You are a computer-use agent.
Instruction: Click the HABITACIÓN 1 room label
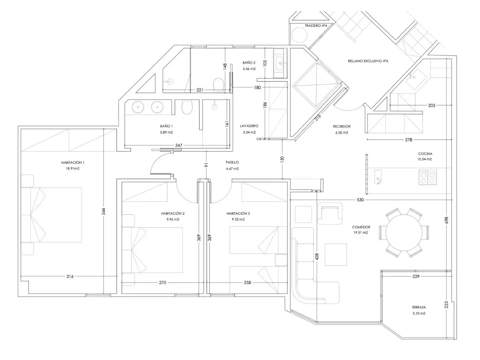(73, 163)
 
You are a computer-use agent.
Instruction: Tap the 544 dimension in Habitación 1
(104, 211)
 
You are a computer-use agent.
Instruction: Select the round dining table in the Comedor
(404, 232)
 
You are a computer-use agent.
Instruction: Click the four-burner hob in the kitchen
(428, 177)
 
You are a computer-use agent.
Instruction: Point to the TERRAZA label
(419, 307)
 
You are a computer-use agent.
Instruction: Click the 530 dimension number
(360, 200)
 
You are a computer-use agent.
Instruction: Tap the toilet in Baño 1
(187, 107)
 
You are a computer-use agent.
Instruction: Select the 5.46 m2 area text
(249, 69)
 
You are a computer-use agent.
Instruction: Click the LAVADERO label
(249, 126)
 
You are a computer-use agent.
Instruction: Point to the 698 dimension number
(447, 220)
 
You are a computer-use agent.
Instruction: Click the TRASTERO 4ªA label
(316, 26)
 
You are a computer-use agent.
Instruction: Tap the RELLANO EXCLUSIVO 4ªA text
(368, 61)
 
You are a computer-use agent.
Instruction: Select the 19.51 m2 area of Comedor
(361, 232)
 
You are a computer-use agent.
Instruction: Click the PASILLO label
(232, 162)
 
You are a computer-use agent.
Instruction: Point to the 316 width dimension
(70, 276)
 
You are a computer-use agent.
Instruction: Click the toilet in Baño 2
(218, 85)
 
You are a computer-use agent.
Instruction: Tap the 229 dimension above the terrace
(416, 276)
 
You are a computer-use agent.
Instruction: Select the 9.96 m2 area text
(173, 219)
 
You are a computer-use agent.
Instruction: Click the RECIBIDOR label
(342, 126)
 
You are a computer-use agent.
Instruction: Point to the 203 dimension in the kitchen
(431, 105)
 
